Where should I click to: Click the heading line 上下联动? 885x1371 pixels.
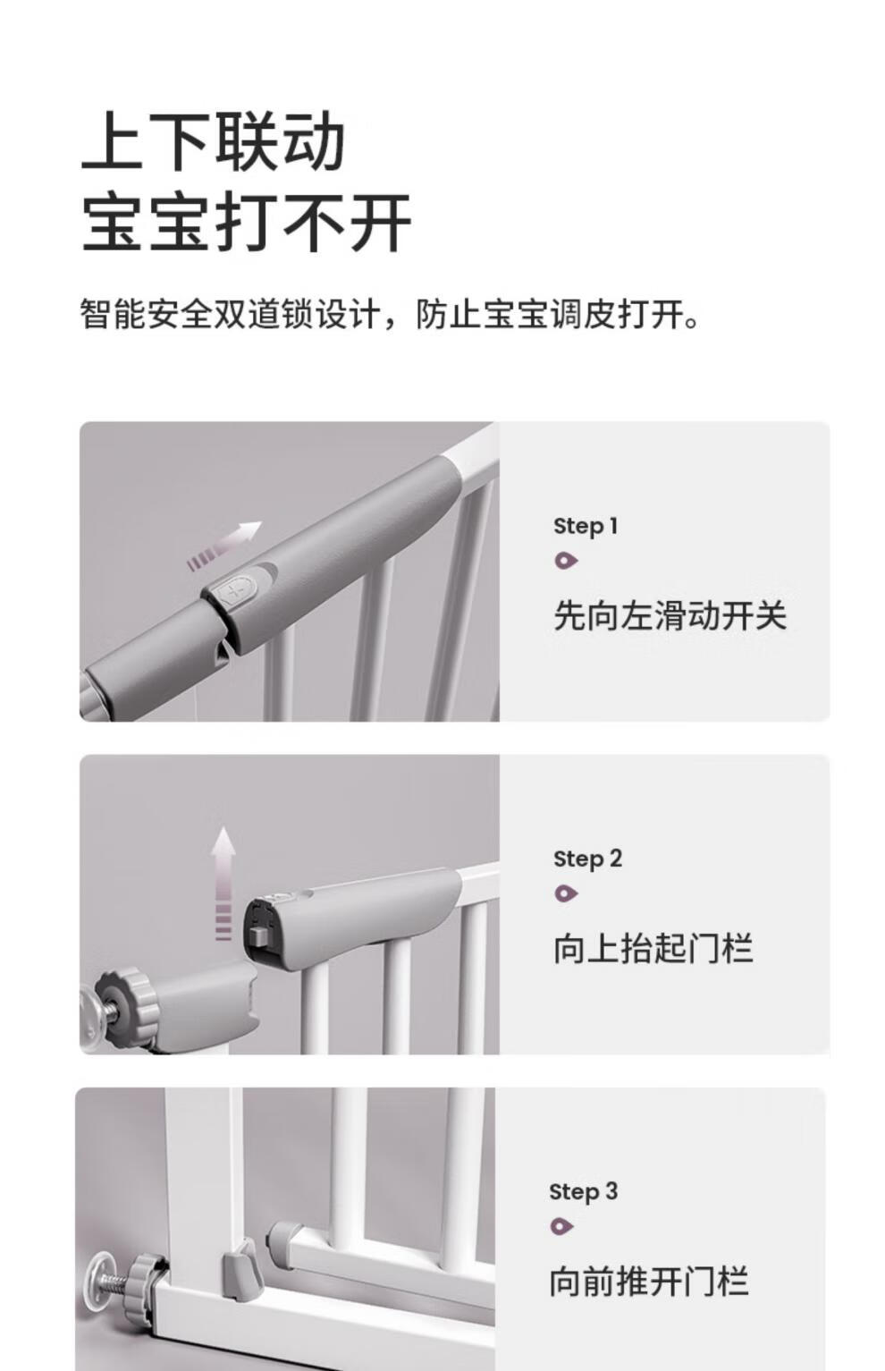[214, 142]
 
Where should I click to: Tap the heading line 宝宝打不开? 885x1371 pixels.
[246, 222]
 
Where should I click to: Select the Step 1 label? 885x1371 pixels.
[586, 527]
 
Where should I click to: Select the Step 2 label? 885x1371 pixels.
[587, 859]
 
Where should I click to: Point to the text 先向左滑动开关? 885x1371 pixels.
[670, 614]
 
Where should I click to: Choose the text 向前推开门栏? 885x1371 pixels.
[648, 1281]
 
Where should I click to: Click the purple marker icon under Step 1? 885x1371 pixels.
[566, 561]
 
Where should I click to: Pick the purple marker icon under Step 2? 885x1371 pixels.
[566, 893]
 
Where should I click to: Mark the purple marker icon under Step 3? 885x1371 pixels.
[561, 1226]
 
